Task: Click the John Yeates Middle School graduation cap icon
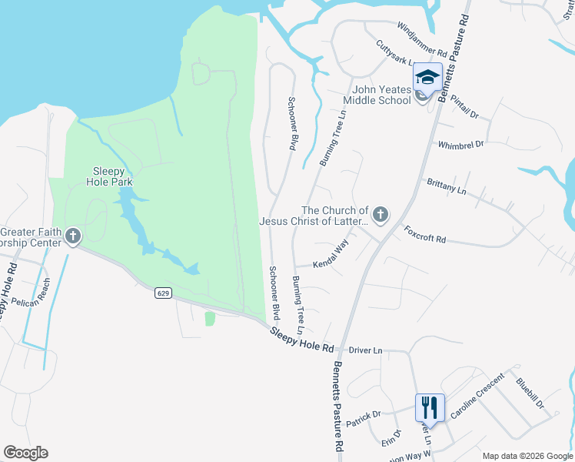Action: [x=427, y=78]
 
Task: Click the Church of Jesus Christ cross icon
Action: [x=380, y=213]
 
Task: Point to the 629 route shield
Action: [x=162, y=293]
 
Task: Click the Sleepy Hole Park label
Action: [x=112, y=176]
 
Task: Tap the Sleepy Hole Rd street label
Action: [x=302, y=340]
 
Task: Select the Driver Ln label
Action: [x=365, y=350]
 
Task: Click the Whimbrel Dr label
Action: [x=460, y=144]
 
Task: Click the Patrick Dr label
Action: [x=363, y=419]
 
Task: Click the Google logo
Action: [x=25, y=453]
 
